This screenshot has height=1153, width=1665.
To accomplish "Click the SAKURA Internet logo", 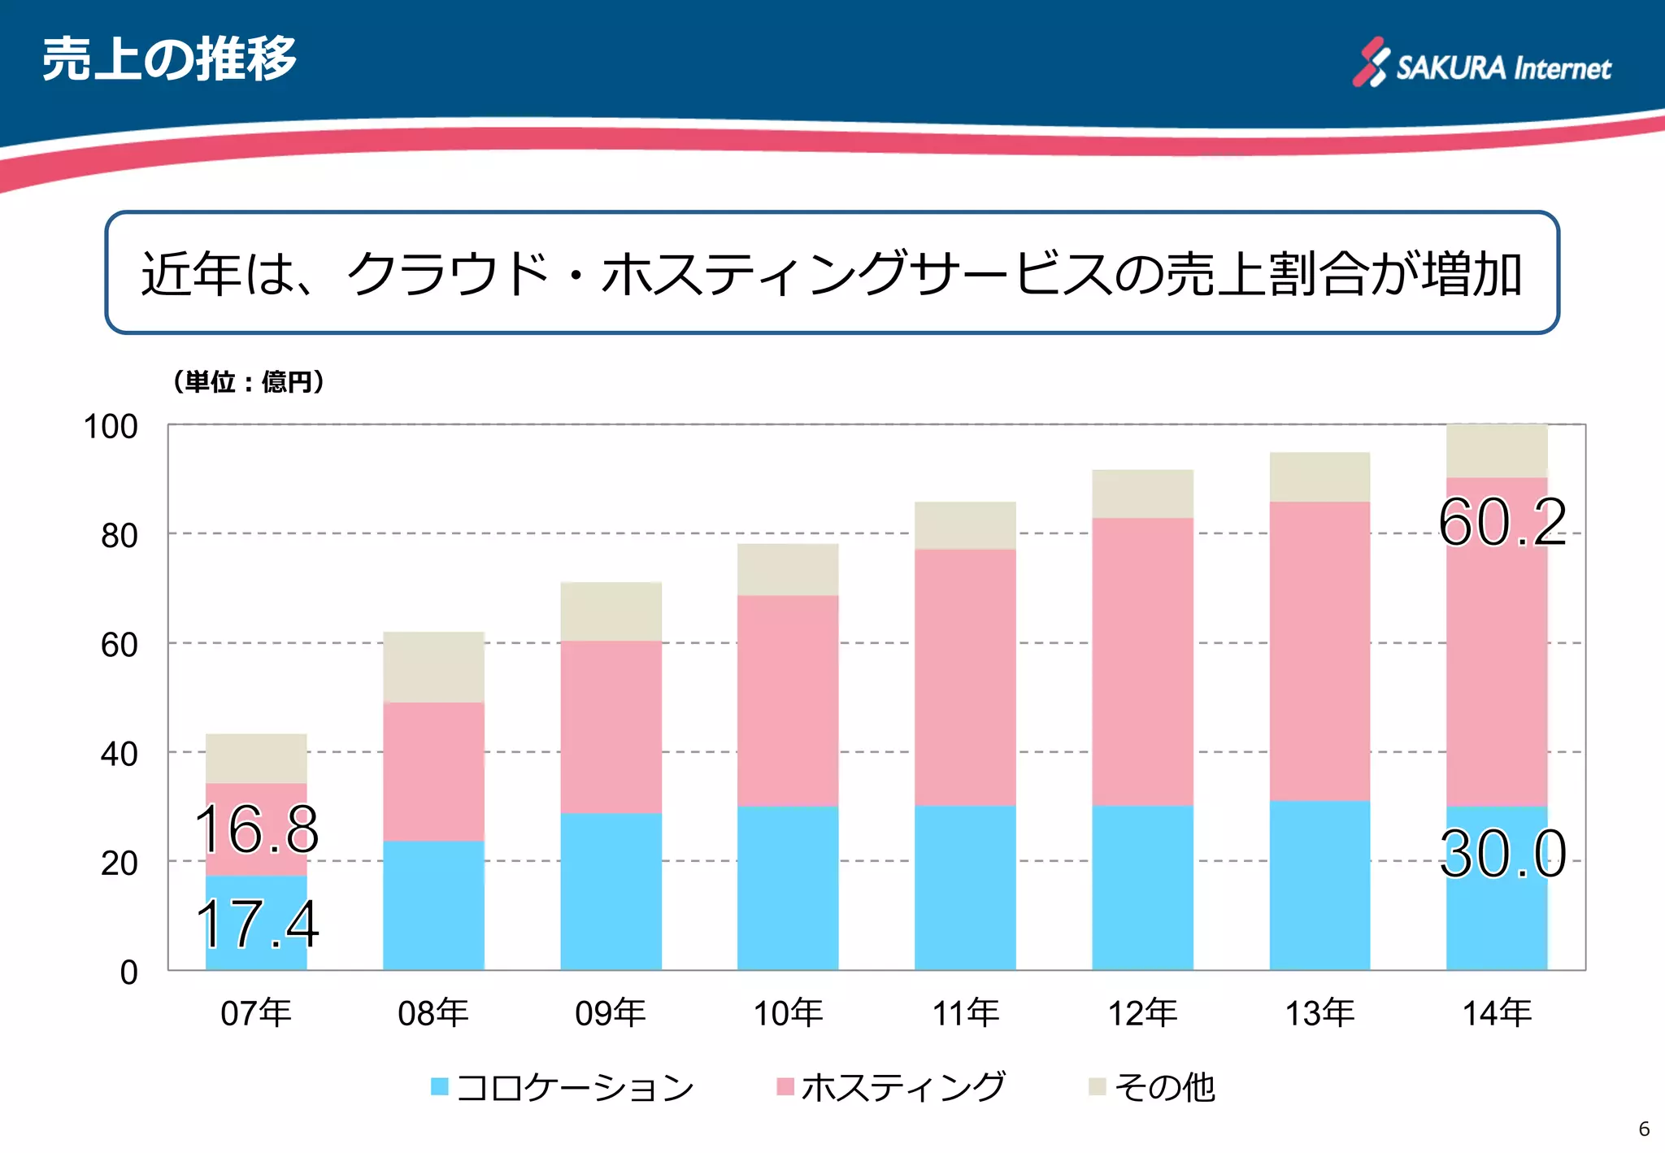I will (1481, 63).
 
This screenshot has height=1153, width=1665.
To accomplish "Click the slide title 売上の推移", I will (169, 59).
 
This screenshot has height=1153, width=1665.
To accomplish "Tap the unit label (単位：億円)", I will (248, 381).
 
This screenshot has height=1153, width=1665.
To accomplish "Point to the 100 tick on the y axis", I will (111, 427).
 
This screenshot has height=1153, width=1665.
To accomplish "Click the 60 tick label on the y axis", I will (119, 645).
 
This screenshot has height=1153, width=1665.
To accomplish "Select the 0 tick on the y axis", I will (128, 972).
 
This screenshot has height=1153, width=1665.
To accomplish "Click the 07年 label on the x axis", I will (255, 1013).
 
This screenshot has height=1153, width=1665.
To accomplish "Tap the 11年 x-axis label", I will (965, 1013).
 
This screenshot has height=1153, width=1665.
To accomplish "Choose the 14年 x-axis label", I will (1497, 1013).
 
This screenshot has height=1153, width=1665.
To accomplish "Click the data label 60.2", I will (1502, 522).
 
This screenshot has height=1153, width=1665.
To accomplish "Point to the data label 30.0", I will (1502, 854).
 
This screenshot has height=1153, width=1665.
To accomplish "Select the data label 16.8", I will (256, 829).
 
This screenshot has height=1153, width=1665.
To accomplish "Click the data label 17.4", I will (256, 925).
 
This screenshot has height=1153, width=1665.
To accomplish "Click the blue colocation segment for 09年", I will (611, 890).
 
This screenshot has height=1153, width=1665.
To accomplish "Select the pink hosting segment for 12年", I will (1142, 661).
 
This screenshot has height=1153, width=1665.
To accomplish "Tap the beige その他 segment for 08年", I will (433, 667).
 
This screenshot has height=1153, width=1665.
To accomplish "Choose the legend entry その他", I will (1153, 1087).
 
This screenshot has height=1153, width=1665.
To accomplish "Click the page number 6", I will (1644, 1129).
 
